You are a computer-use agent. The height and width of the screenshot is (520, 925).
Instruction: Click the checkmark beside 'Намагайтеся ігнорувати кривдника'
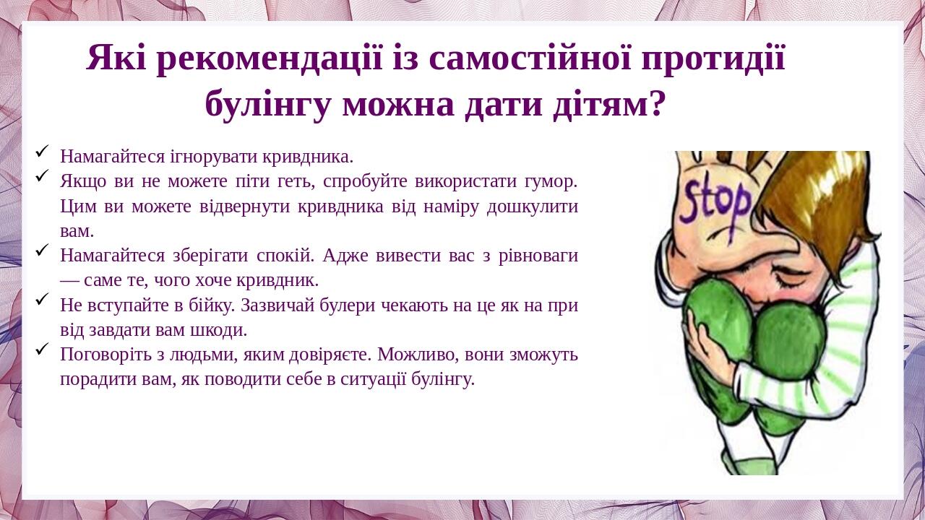42,150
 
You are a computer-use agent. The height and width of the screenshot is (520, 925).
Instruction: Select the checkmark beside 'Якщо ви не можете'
42,175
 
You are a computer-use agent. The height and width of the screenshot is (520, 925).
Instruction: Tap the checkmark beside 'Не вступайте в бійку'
42,298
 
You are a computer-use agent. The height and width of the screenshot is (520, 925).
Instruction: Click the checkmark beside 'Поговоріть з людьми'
42,348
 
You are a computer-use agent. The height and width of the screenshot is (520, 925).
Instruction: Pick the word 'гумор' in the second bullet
551,181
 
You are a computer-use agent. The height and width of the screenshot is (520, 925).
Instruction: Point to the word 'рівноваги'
538,256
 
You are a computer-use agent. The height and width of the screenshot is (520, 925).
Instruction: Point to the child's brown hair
824,195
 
